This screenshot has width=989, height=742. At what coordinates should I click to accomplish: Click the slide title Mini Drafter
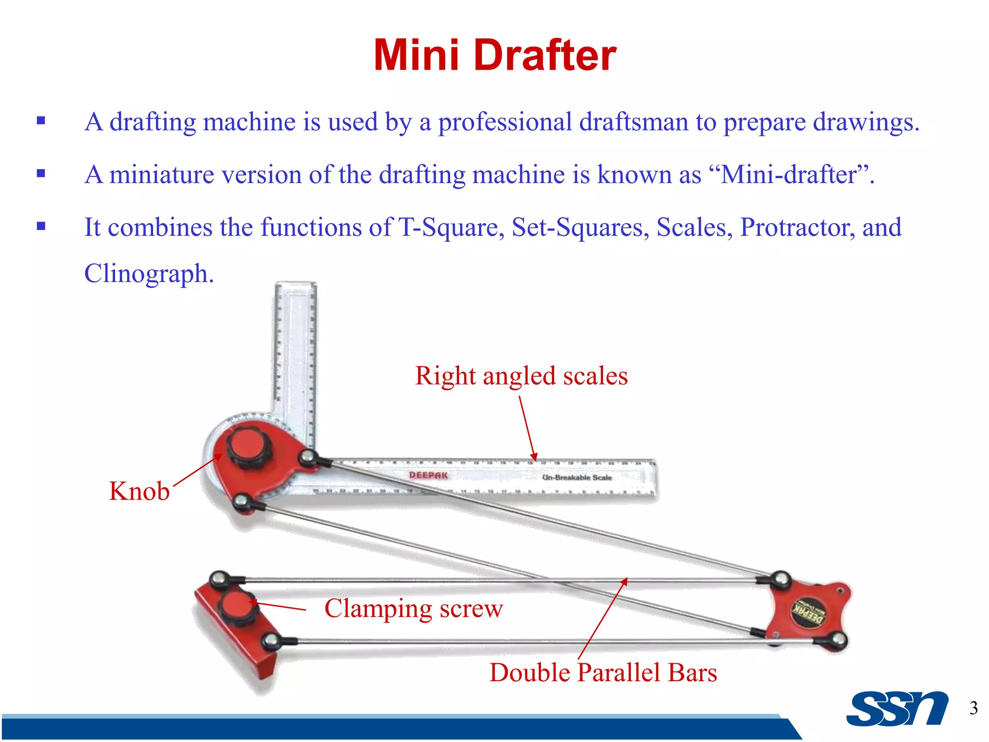(x=494, y=55)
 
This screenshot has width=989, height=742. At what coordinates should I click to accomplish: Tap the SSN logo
(x=897, y=709)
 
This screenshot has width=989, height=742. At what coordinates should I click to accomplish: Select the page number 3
(x=973, y=708)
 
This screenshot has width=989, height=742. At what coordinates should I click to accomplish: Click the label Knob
(x=139, y=491)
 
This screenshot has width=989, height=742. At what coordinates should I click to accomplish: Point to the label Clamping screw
(x=413, y=608)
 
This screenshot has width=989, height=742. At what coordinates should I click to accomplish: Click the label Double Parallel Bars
(x=603, y=672)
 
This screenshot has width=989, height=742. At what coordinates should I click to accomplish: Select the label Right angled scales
(x=521, y=375)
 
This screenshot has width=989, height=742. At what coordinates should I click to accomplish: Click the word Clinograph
(x=148, y=273)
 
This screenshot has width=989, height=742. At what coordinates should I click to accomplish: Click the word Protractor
(x=797, y=227)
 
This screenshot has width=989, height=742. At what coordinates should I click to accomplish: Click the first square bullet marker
(x=41, y=121)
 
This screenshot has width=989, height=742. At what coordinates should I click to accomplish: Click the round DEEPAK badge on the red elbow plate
(x=808, y=612)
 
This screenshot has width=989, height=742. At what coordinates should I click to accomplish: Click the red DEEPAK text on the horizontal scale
(x=428, y=475)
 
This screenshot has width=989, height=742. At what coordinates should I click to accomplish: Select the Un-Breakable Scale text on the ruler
(x=577, y=477)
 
